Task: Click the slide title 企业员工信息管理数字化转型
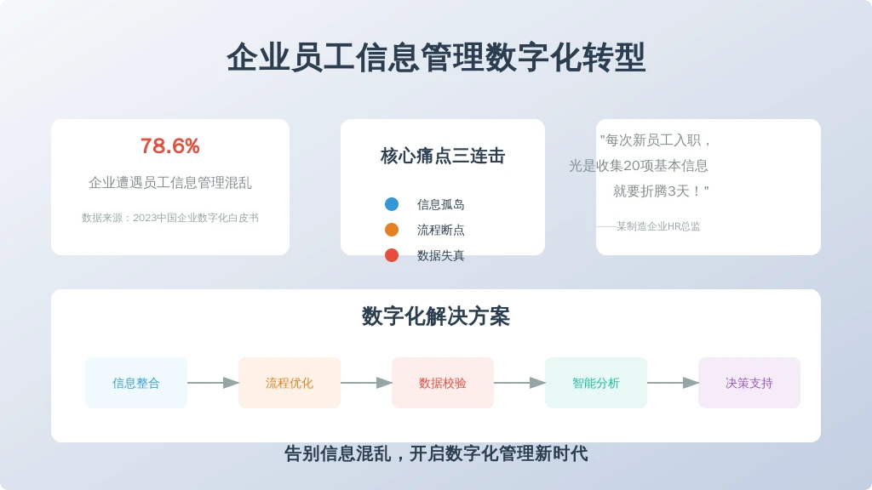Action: tap(436, 58)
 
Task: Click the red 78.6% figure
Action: tap(170, 146)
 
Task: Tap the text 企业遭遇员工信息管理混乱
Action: tap(170, 183)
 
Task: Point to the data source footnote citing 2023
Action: tap(170, 218)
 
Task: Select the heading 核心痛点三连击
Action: tap(443, 157)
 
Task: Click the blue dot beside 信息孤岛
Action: tap(392, 204)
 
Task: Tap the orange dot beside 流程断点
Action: tap(392, 230)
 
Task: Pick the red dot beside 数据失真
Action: tap(392, 255)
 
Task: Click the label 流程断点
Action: tap(441, 230)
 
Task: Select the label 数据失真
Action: tap(441, 255)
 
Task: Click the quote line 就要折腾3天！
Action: tap(661, 191)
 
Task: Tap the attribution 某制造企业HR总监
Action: tap(658, 226)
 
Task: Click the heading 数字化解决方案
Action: tap(436, 316)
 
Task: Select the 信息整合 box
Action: tap(136, 383)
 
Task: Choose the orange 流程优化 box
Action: tap(290, 383)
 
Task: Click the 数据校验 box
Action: tap(443, 383)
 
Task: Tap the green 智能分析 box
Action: tap(596, 383)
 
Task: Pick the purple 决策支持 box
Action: tap(749, 383)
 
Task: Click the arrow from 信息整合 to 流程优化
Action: tap(213, 383)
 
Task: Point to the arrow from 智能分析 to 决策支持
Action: tap(673, 383)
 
